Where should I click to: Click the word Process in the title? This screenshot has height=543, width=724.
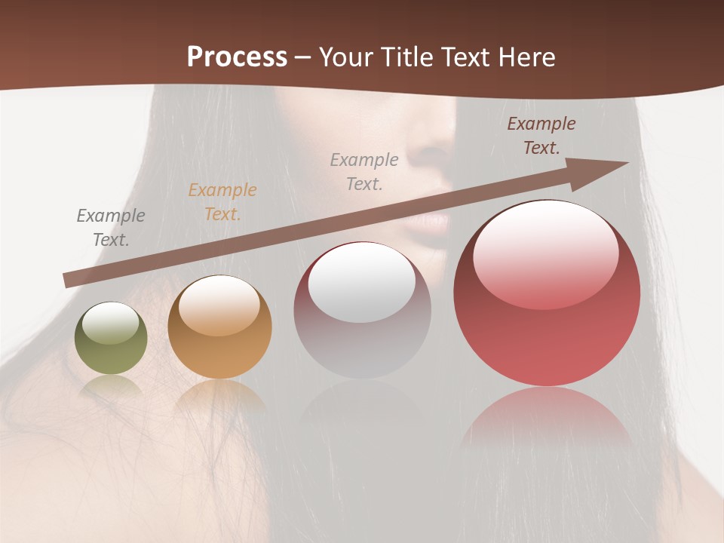pos(237,57)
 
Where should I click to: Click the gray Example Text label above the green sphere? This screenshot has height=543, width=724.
pos(111,228)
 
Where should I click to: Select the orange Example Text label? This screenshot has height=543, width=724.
pos(222,202)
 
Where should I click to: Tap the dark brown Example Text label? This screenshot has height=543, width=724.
pos(541,136)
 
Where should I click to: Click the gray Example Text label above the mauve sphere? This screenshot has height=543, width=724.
pos(364,172)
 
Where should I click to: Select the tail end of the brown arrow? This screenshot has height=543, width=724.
pos(72,280)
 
